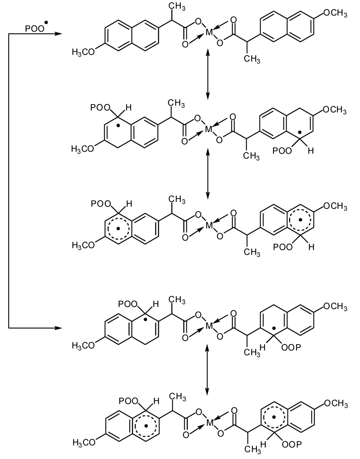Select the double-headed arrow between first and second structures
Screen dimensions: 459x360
point(208,74)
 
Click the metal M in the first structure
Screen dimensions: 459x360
point(209,33)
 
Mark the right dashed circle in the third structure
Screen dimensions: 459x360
point(301,219)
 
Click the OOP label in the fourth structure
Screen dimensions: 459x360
point(291,348)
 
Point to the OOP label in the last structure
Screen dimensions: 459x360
point(291,445)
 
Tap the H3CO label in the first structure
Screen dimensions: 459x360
point(83,52)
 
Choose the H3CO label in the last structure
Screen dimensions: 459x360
point(83,442)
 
